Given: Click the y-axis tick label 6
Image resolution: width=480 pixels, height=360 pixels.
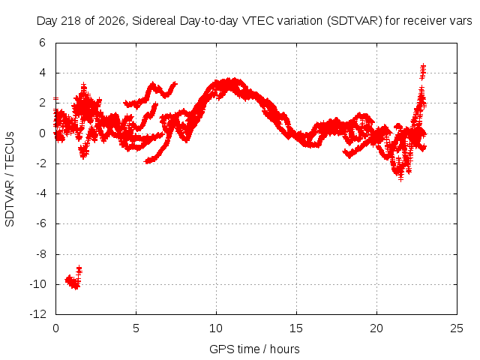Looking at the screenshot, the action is coord(42,43).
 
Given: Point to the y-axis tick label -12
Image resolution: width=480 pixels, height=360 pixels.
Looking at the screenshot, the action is coord(38,314).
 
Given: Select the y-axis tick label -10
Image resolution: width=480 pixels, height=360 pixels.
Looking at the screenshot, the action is coord(38,284).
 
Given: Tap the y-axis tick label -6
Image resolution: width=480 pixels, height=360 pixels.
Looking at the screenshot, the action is coord(40,223).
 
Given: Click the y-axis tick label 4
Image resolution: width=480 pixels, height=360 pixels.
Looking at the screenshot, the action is coord(42,73).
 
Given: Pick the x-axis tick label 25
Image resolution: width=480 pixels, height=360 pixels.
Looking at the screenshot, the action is coord(457,328).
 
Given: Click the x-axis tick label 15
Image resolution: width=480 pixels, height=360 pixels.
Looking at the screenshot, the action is coord(296,328).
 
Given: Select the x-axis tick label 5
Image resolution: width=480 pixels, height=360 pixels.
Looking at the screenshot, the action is coord(136,328).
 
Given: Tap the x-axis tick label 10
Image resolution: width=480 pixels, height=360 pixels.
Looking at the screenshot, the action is coord(216,328).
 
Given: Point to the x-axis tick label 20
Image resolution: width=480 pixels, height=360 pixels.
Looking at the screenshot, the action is coord(376,328).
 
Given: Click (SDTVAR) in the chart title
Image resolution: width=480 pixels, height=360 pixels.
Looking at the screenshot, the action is coord(355,21).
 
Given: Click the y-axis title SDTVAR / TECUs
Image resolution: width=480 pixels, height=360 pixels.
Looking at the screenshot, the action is coord(10,179).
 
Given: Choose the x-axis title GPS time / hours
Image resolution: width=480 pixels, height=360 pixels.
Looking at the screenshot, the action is coord(254,349).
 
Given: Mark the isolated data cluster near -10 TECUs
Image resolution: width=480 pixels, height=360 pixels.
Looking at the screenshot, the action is coord(73,278).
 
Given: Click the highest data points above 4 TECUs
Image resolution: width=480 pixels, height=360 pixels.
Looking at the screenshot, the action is coord(423,72).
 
